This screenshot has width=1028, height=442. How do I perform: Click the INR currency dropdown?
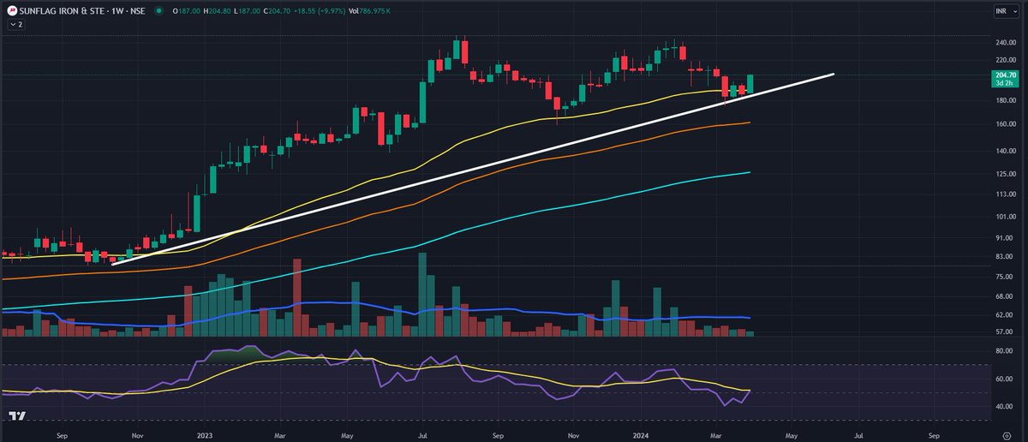(x=1001, y=10)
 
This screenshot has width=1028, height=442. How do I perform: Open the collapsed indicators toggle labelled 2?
(x=15, y=25)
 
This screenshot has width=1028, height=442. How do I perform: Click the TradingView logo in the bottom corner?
(x=17, y=416)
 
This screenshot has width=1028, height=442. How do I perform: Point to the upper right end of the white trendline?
(x=833, y=75)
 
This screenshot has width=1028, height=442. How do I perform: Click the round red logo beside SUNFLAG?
(x=12, y=10)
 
